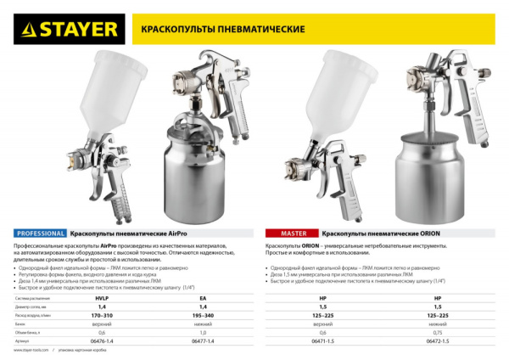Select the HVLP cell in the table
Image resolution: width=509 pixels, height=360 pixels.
pyautogui.click(x=104, y=300)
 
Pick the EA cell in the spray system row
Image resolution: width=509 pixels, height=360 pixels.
pyautogui.click(x=202, y=300)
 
